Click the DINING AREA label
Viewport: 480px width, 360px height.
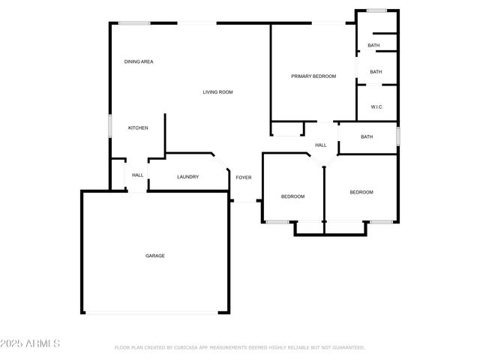pos(139,61)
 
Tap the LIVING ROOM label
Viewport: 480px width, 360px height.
pos(217,92)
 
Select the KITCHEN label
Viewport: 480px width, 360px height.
pos(138,128)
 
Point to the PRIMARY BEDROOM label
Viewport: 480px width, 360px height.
pos(313,76)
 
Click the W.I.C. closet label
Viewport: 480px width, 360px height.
pos(376,107)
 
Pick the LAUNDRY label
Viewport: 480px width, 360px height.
pos(187,177)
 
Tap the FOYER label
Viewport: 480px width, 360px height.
pos(244,178)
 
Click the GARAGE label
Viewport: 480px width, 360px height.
pos(155,256)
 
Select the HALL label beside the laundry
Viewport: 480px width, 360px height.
pos(138,175)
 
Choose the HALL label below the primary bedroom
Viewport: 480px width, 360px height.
pos(321,145)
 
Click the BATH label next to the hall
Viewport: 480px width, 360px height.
pos(367,136)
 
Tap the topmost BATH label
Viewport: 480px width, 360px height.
pos(373,46)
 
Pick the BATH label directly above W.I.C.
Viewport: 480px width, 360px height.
pos(376,72)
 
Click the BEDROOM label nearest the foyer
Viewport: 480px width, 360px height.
pos(292,196)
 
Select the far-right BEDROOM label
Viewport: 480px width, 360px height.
pos(361,193)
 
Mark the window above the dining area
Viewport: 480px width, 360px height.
pos(134,23)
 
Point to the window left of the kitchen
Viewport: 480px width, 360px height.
pos(110,125)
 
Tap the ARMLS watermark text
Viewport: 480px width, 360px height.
pos(31,343)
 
